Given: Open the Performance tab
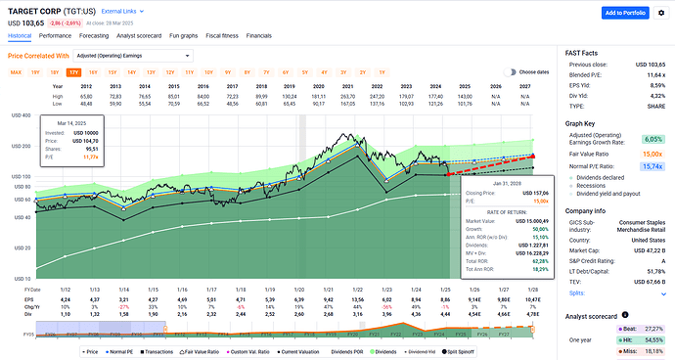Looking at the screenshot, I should pos(54,35).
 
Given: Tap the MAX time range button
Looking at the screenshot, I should pos(16,72).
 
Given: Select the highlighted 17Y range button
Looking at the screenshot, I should pos(73,72).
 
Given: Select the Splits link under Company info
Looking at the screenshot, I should pos(575,292).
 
